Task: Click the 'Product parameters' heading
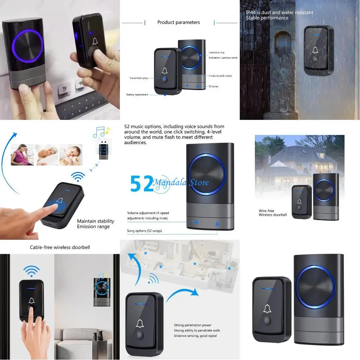coord(179,22)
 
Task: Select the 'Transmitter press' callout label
coord(139,78)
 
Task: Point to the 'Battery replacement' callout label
coord(137,95)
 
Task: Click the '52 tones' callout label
coord(213,86)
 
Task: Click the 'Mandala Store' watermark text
coord(181,182)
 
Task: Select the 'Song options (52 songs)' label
coord(144,231)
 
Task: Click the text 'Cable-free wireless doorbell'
coord(60,247)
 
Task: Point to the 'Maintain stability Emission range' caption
coord(96,224)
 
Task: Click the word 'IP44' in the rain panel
coord(251,13)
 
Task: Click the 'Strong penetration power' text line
coord(193,325)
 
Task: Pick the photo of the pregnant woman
coord(22,155)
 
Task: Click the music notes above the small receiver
coord(101,133)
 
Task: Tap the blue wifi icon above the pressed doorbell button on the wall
coord(31,271)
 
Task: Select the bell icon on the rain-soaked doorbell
coord(315,51)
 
